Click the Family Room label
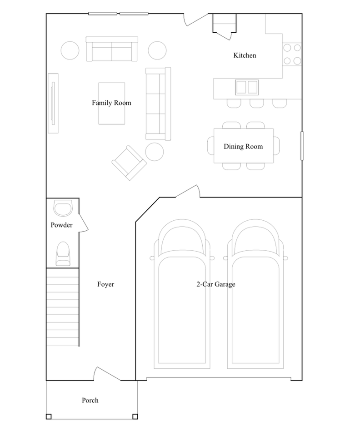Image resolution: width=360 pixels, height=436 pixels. [x=111, y=103]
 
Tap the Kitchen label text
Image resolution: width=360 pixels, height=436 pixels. [x=245, y=55]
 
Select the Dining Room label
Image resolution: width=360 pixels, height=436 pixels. [x=243, y=147]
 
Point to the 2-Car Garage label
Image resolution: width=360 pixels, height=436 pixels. [x=215, y=285]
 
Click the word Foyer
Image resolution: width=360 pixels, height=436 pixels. [x=105, y=285]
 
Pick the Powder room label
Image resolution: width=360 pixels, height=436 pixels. [x=61, y=225]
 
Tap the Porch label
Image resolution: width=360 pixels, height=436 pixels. [x=90, y=400]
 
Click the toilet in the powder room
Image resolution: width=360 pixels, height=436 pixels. [x=63, y=254]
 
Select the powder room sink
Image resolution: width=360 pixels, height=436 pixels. [x=63, y=208]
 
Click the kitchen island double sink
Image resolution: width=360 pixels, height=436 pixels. [x=247, y=86]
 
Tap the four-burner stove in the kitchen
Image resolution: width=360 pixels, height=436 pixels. [x=292, y=54]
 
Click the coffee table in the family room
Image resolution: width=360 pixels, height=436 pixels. [x=112, y=103]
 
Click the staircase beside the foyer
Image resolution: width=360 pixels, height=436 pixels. [x=63, y=307]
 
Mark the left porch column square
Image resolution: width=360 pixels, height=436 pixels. [x=49, y=416]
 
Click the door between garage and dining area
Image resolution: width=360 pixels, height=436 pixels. [x=187, y=192]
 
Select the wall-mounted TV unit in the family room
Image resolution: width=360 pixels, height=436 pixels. [x=54, y=103]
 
